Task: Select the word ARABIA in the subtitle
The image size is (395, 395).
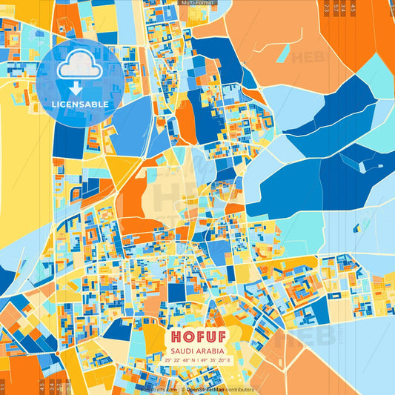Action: coord(210,351)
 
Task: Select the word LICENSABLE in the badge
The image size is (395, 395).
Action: coord(79,104)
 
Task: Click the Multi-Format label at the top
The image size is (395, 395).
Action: coord(197,3)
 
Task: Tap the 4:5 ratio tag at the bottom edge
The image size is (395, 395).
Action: coord(41,385)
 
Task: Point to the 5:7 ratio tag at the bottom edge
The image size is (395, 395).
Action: coord(59,385)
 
